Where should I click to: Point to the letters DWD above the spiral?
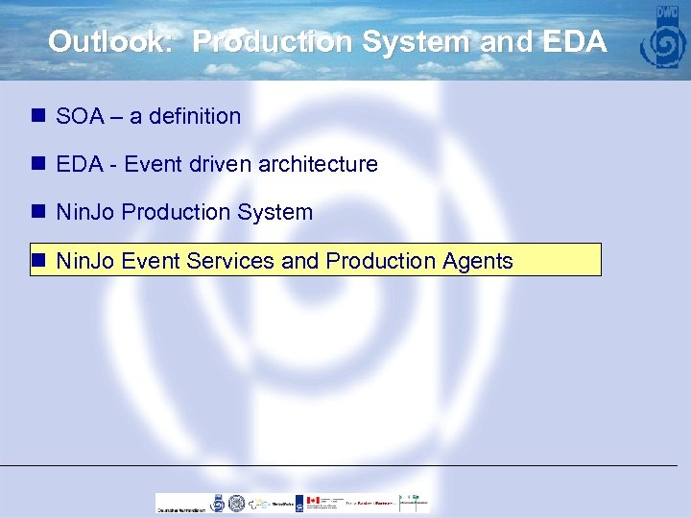[x=666, y=14]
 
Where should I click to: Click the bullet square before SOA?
[x=38, y=116]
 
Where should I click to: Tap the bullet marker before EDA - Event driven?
[x=38, y=164]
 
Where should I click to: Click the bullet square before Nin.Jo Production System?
[x=38, y=212]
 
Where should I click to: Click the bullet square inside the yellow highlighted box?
[x=38, y=260]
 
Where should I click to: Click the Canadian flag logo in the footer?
[x=312, y=501]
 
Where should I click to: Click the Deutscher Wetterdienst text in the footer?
[x=181, y=509]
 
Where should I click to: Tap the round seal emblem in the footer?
[x=218, y=502]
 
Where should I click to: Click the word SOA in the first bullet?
[x=80, y=116]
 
